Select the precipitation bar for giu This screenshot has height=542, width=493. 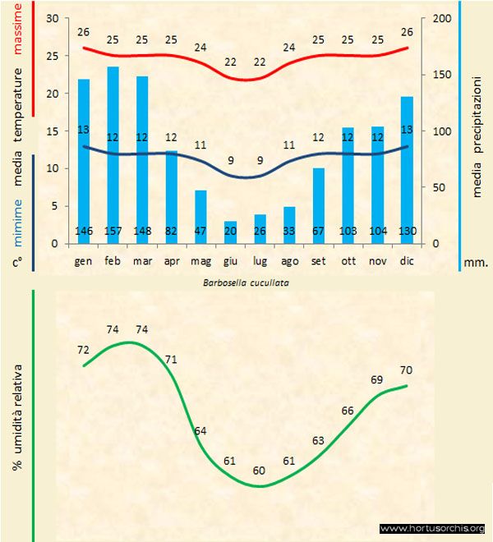231,232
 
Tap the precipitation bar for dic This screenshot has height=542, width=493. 408,169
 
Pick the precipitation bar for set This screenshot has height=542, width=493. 319,205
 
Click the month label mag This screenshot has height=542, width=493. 200,262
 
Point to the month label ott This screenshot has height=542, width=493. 348,262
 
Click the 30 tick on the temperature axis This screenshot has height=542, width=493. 53,18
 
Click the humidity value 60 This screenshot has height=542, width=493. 260,471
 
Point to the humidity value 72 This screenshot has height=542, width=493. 83,350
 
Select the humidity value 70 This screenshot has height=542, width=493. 406,370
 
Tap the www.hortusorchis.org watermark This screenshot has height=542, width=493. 432,528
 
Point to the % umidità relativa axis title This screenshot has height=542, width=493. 16,420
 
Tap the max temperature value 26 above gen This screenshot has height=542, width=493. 83,32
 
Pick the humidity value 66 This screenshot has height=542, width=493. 348,410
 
